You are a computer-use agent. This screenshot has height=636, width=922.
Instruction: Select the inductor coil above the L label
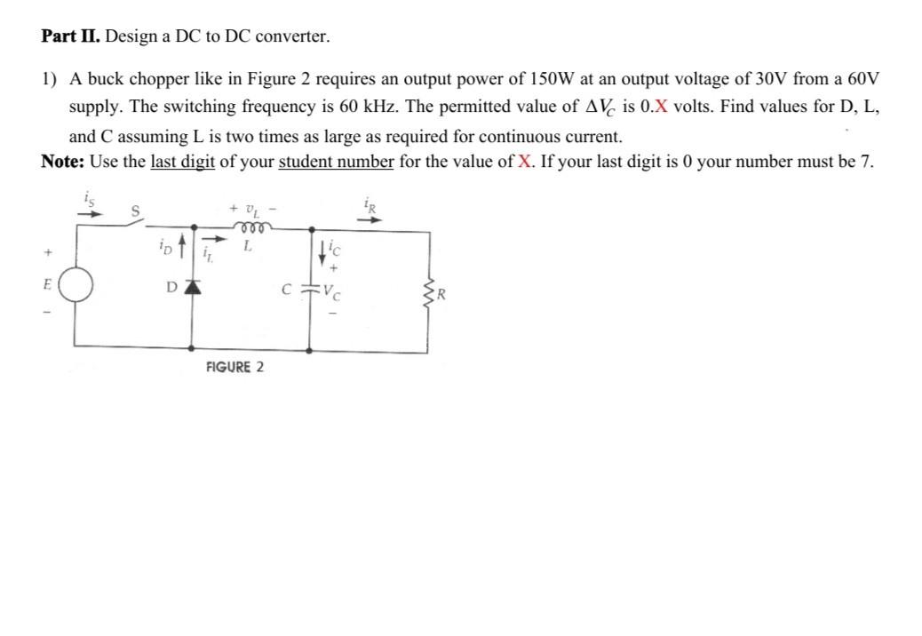click(249, 227)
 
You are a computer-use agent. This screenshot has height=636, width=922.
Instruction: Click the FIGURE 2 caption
click(234, 367)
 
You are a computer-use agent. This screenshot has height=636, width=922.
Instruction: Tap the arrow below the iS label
click(91, 212)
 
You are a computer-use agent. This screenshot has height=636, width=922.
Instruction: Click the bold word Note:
click(64, 161)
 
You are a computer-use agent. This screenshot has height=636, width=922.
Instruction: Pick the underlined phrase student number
click(336, 161)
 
